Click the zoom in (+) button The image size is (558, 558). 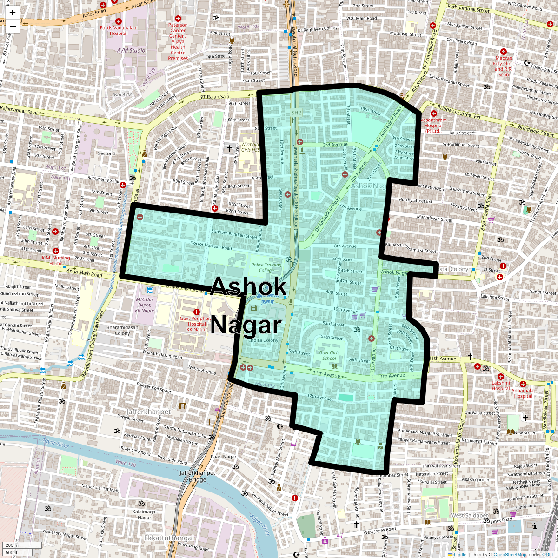point(13,13)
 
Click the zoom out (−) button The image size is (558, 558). point(13,26)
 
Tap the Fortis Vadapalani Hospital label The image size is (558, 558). point(119,31)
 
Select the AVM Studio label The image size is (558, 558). point(131,50)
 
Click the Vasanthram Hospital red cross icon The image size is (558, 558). point(434,113)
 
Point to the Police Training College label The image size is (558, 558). point(266,267)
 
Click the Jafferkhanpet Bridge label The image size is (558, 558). point(198,476)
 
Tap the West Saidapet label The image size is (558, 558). point(469,515)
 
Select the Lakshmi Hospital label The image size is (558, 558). point(501,386)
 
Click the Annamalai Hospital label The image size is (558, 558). point(523,393)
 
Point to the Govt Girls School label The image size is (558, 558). point(329,355)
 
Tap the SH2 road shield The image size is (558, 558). point(296,113)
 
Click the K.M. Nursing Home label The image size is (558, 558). point(56,260)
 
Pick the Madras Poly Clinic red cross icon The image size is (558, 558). point(503,52)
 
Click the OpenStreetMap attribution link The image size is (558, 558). point(510,554)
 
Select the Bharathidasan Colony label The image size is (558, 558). point(122,330)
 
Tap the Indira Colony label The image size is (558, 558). point(264,340)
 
